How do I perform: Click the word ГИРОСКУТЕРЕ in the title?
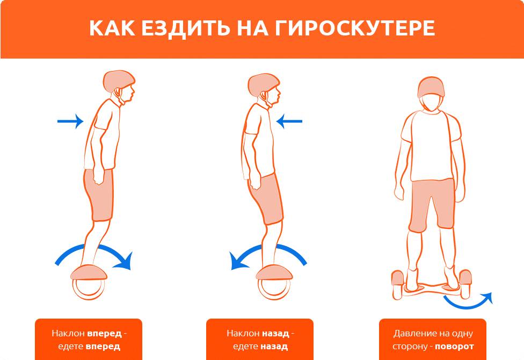pos(355,28)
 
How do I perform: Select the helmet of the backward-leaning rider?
pos(263,84)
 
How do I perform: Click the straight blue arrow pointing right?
pos(70,121)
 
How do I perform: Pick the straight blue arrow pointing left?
pos(289,121)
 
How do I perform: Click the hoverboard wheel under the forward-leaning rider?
pos(89,289)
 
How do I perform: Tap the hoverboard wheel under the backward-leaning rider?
pos(274,289)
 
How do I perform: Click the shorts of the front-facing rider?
pos(432,204)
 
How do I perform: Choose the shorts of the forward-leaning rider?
pos(99,194)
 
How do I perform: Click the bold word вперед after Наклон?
pos(104,333)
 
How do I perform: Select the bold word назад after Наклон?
pos(275,333)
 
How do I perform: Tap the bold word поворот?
pos(454,346)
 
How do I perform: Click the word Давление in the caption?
pos(412,334)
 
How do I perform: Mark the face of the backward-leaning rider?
pos(274,95)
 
